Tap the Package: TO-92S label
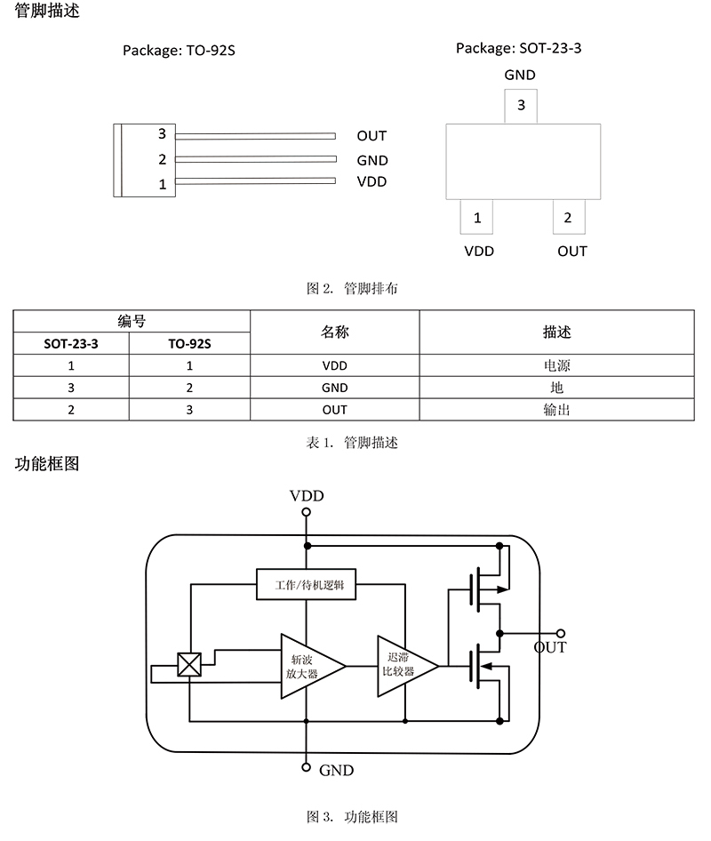click(179, 51)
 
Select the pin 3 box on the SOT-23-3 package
click(521, 107)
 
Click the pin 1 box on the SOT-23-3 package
click(477, 218)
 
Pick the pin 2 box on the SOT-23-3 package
click(568, 218)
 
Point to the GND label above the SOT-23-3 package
click(520, 76)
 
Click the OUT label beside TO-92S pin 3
click(371, 136)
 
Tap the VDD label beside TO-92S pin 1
click(371, 182)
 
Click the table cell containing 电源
click(556, 365)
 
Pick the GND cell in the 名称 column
click(334, 388)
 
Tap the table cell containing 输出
click(556, 410)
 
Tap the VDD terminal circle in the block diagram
click(307, 513)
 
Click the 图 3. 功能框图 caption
click(352, 815)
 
